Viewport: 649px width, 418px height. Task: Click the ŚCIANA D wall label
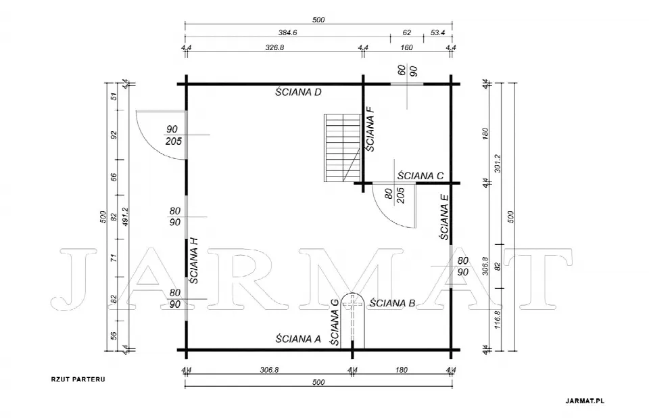point(298,92)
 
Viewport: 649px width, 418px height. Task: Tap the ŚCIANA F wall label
point(370,129)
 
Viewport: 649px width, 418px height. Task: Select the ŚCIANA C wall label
point(420,176)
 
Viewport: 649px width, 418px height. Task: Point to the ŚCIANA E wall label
point(444,217)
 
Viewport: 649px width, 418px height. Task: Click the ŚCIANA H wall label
point(193,260)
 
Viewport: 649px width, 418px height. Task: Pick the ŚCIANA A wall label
point(298,339)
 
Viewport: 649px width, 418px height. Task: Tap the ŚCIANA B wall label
point(392,303)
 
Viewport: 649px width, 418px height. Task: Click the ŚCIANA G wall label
point(335,323)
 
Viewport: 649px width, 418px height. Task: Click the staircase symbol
point(342,148)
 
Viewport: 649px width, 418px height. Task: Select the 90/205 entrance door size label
point(174,135)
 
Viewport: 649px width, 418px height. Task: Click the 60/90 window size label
point(407,71)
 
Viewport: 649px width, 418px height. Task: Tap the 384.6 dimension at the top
point(287,32)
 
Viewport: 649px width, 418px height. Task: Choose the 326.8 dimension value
point(274,47)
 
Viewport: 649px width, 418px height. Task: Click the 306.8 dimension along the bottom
point(270,370)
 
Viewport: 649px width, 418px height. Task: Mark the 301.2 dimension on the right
point(498,163)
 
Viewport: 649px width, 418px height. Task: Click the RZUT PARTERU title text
point(78,379)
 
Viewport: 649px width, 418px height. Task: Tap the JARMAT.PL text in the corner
point(585,400)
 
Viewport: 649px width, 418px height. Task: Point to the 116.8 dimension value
point(498,319)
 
